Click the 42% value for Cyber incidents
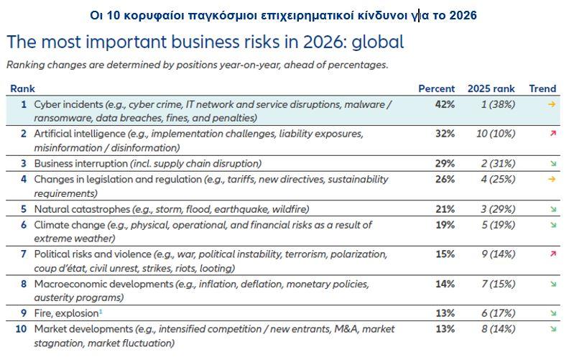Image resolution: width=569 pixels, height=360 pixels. click(x=444, y=105)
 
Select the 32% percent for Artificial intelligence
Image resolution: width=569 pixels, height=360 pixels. click(x=444, y=134)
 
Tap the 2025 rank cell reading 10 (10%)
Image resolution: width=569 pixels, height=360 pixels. click(x=491, y=134)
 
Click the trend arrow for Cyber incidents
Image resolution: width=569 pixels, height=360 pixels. click(x=552, y=105)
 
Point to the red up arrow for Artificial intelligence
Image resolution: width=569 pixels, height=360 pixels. click(x=552, y=134)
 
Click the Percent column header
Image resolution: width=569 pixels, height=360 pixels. click(x=436, y=89)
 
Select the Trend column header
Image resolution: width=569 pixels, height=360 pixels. click(x=542, y=89)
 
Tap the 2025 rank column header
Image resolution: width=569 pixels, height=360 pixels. click(x=491, y=89)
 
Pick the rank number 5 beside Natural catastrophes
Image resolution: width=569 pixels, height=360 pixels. click(x=24, y=209)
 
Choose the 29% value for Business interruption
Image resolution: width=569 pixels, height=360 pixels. click(x=444, y=164)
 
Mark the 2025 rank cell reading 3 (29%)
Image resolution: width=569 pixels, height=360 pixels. click(x=491, y=209)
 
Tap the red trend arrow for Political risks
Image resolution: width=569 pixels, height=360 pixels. click(x=552, y=254)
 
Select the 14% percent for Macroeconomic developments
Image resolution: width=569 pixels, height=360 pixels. click(x=444, y=285)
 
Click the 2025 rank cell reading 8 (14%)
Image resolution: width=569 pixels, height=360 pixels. click(x=491, y=329)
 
